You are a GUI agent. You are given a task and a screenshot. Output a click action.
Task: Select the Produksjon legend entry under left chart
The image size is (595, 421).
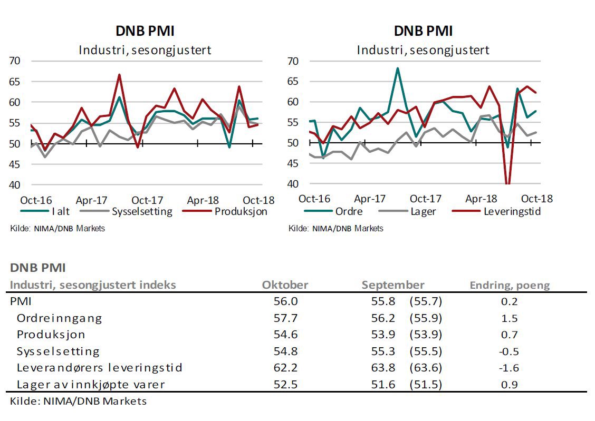(x=241, y=212)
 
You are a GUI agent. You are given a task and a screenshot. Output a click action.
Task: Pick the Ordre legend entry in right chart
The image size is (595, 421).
(x=348, y=212)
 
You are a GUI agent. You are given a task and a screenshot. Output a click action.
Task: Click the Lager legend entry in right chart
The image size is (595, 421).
(x=422, y=212)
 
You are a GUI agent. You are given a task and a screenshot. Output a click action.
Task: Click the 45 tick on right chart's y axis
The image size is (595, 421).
(x=293, y=164)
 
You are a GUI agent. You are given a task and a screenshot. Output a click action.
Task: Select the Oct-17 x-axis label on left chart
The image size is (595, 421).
(x=147, y=200)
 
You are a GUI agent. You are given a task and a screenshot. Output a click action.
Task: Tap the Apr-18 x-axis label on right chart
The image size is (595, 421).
(x=481, y=199)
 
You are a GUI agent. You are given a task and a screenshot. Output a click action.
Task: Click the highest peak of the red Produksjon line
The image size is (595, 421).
(x=119, y=75)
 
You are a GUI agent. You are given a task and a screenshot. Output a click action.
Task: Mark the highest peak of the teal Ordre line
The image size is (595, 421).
(x=397, y=68)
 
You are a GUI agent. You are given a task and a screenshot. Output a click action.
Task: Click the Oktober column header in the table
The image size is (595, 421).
(x=285, y=285)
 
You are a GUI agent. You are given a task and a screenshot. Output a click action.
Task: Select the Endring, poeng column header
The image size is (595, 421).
(x=510, y=286)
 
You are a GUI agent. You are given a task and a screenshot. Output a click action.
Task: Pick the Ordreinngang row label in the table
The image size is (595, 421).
(x=59, y=318)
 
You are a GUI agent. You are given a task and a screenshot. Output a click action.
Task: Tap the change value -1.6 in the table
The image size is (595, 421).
(x=510, y=368)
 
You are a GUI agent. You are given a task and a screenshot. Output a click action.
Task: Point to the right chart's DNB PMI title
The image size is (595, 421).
(x=423, y=31)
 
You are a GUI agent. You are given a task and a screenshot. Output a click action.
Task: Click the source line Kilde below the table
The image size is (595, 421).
(x=78, y=401)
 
